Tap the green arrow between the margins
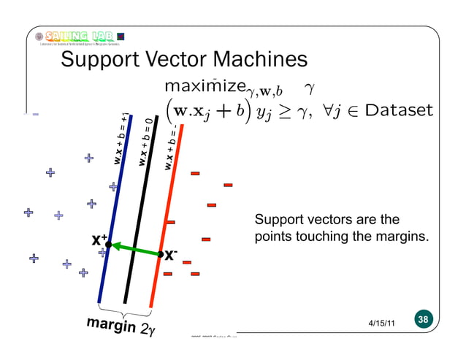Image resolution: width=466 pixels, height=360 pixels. [134, 248]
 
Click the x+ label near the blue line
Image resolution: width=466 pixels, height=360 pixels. [99, 240]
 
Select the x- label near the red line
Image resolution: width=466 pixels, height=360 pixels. [170, 256]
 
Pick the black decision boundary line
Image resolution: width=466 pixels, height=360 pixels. [142, 219]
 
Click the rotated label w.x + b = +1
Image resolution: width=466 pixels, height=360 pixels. [122, 139]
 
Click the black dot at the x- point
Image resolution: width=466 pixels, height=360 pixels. [160, 254]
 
